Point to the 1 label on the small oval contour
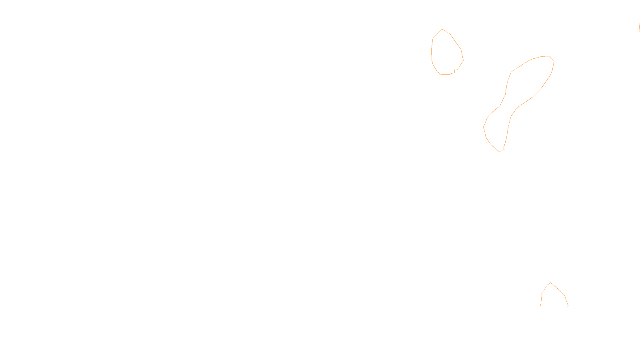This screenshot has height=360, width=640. pyautogui.click(x=454, y=72)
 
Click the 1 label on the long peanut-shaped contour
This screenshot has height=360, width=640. pyautogui.click(x=504, y=148)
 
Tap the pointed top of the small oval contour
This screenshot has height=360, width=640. pyautogui.click(x=442, y=29)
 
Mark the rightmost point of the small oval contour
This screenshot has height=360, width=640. pyautogui.click(x=463, y=61)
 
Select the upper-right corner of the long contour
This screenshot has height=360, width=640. pyautogui.click(x=554, y=61)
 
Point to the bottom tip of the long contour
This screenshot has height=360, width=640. pyautogui.click(x=499, y=152)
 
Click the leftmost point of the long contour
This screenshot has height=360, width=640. pyautogui.click(x=484, y=127)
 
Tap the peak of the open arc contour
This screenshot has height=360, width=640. pyautogui.click(x=551, y=283)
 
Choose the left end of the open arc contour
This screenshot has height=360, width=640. pyautogui.click(x=541, y=306)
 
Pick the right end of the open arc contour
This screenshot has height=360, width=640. pyautogui.click(x=568, y=306)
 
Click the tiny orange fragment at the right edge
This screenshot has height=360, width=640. pyautogui.click(x=639, y=27)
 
